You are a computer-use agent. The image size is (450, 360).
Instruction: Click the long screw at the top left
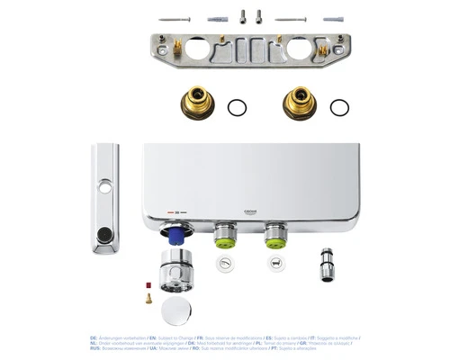tap(175, 19)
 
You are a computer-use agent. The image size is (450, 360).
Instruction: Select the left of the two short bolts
tap(242, 15)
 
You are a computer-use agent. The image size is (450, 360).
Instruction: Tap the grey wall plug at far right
tap(333, 19)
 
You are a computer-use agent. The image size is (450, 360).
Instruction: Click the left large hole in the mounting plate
tap(198, 49)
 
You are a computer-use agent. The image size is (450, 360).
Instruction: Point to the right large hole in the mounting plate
tap(300, 49)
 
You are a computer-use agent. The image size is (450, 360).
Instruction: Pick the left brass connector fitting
tap(196, 103)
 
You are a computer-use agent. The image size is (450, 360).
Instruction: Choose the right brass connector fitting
tap(300, 103)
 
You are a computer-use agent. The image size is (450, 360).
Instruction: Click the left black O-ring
tap(237, 108)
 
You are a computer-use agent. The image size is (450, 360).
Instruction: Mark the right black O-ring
tap(339, 108)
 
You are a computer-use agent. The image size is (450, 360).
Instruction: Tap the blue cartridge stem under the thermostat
tap(176, 236)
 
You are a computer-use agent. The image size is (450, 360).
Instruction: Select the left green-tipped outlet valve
tap(224, 238)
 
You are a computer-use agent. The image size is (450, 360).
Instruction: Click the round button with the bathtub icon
tap(224, 263)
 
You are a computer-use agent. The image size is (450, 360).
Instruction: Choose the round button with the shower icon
tap(274, 263)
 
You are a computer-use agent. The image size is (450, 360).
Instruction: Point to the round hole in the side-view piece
tap(105, 187)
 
